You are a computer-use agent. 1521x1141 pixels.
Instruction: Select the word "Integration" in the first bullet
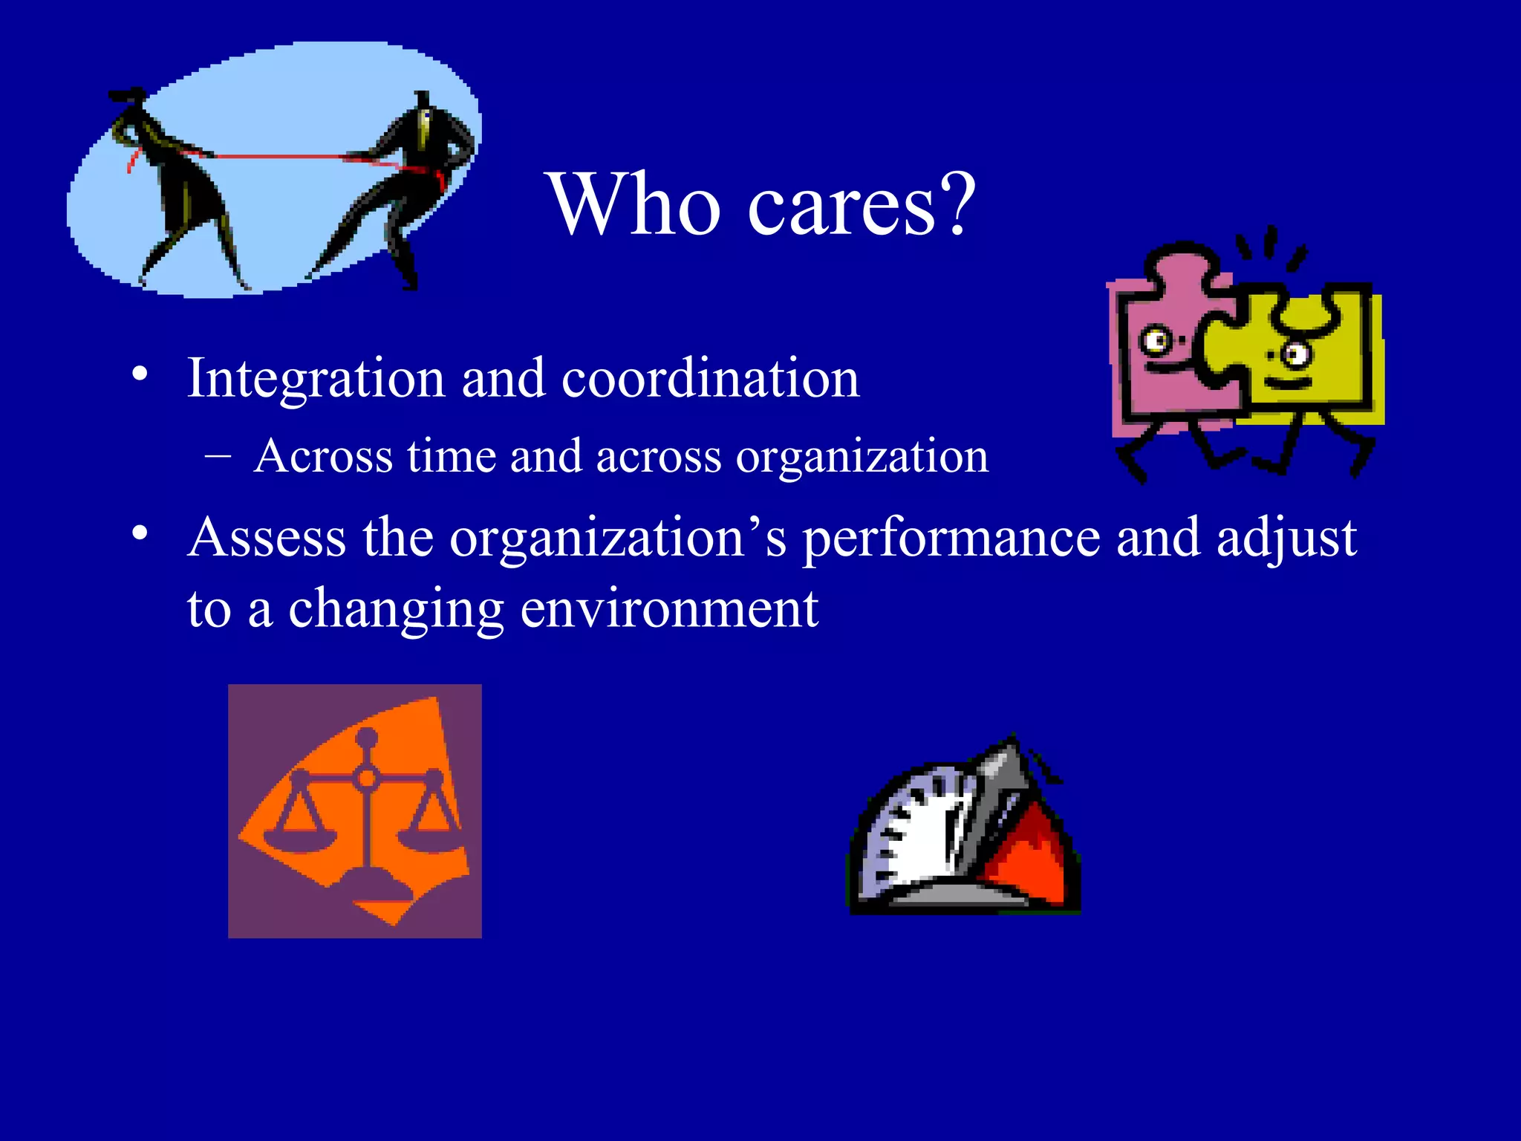pos(315,379)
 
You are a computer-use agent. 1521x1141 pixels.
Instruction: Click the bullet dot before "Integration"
pos(140,374)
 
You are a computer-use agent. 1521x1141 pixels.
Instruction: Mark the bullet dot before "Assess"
pos(140,533)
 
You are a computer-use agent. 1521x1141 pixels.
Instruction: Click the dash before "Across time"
pos(218,455)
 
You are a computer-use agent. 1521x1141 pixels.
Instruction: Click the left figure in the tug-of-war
pos(178,186)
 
